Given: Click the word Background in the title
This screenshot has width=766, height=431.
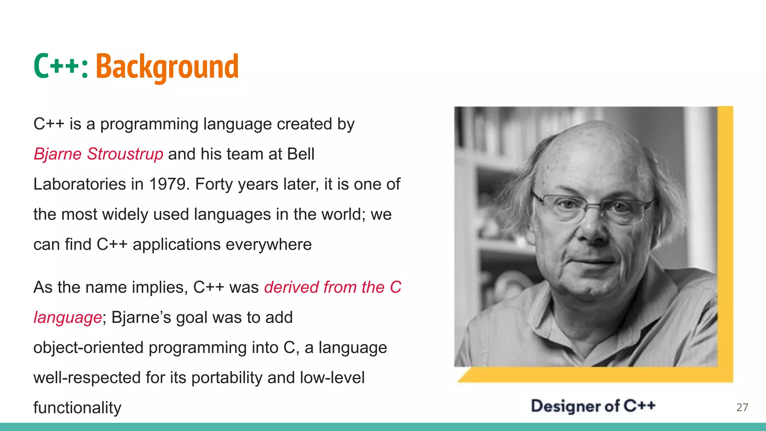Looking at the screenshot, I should (x=167, y=67).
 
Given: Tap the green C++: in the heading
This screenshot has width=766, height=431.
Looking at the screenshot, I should (x=61, y=67).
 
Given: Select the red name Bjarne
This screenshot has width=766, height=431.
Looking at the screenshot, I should (x=58, y=154).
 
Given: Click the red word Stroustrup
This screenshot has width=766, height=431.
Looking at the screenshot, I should (x=125, y=154).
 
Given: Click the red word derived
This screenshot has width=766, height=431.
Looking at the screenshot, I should (x=291, y=287).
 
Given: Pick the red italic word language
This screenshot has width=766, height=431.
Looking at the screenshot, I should (x=67, y=318).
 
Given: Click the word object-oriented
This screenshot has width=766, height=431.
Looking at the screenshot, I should (x=88, y=348).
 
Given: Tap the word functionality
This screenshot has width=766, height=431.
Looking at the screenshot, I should (x=77, y=407).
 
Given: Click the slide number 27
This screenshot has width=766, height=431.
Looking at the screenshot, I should (x=742, y=407).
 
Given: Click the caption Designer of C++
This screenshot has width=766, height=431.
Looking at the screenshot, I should (x=593, y=406).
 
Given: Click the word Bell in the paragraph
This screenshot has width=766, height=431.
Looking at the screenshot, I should (x=301, y=154).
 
